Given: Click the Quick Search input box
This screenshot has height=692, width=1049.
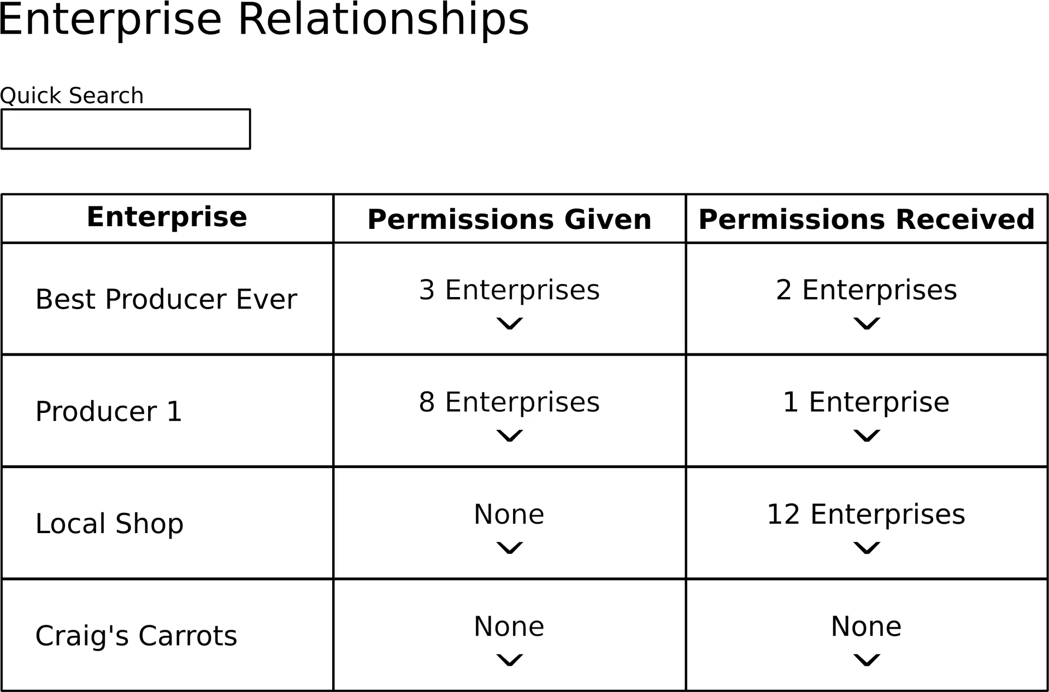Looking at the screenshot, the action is (x=126, y=129).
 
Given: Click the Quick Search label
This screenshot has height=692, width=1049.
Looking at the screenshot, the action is (x=72, y=96).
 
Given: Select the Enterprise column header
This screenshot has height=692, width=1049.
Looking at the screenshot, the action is (x=167, y=217).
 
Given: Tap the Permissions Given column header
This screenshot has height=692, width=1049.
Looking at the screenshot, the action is (x=509, y=220).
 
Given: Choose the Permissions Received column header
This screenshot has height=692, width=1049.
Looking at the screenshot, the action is (x=867, y=220).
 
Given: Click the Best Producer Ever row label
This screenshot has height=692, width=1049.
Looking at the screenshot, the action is (x=166, y=299).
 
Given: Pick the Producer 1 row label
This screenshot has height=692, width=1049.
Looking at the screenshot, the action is (x=109, y=411).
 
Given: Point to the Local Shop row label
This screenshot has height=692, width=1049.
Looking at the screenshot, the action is (x=109, y=524).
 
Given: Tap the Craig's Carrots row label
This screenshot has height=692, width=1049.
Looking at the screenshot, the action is (x=136, y=636).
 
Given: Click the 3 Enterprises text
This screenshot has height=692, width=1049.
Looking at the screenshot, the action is (x=509, y=290).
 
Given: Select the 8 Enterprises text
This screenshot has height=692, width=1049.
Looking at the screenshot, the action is (x=509, y=402).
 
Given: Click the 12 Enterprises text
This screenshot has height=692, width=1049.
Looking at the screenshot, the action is (x=866, y=514).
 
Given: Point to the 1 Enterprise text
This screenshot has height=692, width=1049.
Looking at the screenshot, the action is (x=866, y=402).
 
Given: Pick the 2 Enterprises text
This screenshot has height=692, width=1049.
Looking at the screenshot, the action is (x=867, y=290).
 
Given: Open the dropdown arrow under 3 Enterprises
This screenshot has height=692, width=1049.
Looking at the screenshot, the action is (x=510, y=324).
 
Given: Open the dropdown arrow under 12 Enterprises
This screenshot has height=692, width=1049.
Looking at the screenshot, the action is (x=867, y=548).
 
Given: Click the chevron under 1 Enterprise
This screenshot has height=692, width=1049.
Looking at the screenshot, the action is (x=867, y=436).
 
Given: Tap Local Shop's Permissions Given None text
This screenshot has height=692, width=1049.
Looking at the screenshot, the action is (x=509, y=514).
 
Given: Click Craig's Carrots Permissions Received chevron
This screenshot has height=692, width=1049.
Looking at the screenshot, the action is (x=867, y=660).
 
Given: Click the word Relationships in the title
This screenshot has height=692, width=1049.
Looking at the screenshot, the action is (x=384, y=20).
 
